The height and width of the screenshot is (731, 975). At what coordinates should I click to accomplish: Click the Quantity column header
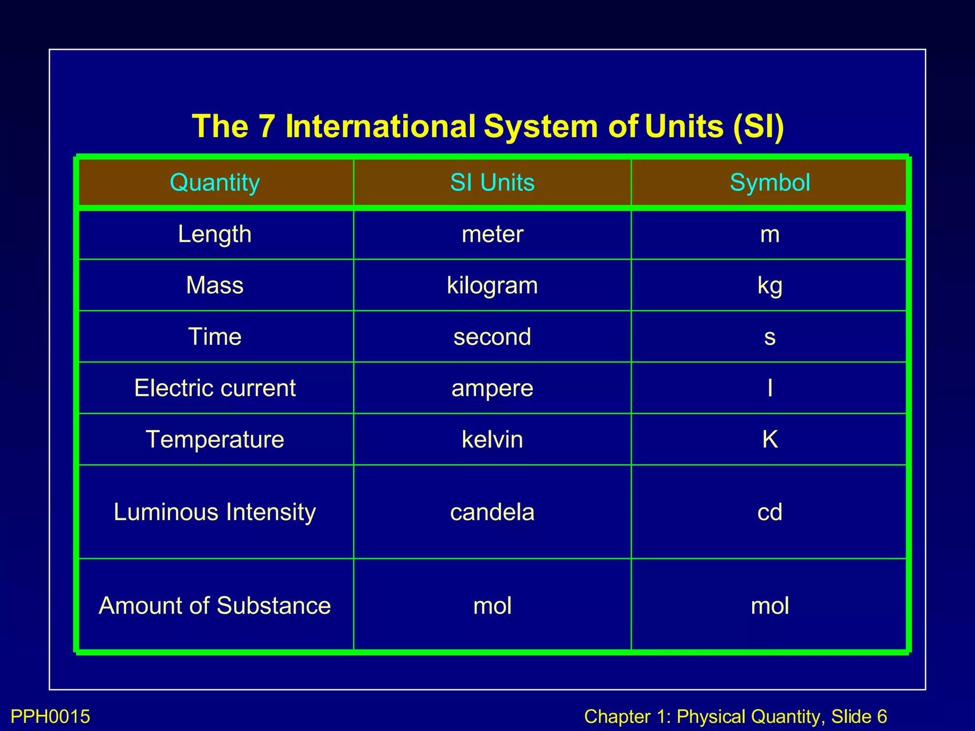click(x=215, y=183)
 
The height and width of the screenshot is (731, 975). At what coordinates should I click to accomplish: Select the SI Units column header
click(x=492, y=183)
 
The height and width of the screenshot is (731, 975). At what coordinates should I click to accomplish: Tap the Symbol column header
click(x=770, y=183)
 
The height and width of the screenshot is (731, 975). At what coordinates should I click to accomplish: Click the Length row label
click(x=215, y=234)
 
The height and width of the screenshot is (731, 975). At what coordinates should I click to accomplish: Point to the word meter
click(x=492, y=234)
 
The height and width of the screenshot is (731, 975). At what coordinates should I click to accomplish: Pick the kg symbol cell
click(x=770, y=286)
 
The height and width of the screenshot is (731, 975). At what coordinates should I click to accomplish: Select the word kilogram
click(x=492, y=286)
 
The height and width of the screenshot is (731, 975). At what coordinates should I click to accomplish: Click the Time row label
click(x=215, y=337)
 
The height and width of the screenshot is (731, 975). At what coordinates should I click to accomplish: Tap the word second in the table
click(x=492, y=337)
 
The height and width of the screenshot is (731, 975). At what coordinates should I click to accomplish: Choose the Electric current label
click(x=215, y=388)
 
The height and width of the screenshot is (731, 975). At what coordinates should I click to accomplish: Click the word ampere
click(x=492, y=388)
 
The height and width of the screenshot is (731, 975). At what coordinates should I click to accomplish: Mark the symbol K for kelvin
click(x=770, y=439)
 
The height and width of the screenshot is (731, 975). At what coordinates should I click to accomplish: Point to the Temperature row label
click(x=215, y=439)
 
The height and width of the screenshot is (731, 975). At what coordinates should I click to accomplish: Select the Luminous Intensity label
click(x=215, y=512)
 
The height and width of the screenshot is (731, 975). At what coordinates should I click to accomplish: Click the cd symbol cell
click(x=770, y=512)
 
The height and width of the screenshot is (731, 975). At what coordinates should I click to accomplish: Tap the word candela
click(x=492, y=512)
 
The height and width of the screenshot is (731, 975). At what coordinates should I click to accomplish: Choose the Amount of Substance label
click(x=215, y=606)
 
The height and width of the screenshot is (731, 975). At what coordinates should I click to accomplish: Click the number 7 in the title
click(x=267, y=127)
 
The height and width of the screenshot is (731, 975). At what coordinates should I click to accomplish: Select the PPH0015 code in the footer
click(x=50, y=717)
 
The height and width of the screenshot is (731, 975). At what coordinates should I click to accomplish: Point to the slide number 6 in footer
click(x=882, y=717)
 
